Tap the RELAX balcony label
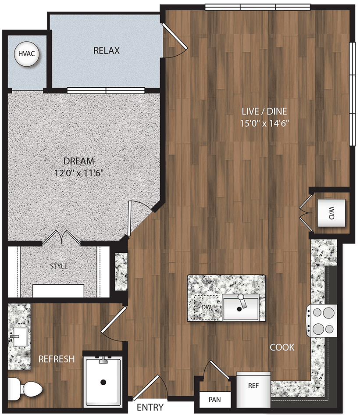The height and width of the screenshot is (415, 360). pyautogui.click(x=107, y=51)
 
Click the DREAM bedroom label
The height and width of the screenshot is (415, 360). pyautogui.click(x=79, y=161)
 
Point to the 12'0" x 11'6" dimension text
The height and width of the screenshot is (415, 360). pyautogui.click(x=79, y=173)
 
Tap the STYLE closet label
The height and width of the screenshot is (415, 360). pyautogui.click(x=59, y=266)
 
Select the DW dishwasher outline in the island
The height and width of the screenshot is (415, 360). pyautogui.click(x=206, y=307)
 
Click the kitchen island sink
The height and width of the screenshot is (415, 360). pyautogui.click(x=240, y=307)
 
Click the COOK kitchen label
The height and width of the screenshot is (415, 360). pyautogui.click(x=282, y=347)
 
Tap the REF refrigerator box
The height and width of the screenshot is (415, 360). pyautogui.click(x=253, y=386)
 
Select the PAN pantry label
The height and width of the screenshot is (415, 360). pyautogui.click(x=214, y=400)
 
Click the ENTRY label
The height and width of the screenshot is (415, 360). pyautogui.click(x=150, y=407)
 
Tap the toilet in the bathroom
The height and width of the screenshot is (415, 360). pyautogui.click(x=27, y=388)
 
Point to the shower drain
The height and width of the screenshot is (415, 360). pyautogui.click(x=103, y=382)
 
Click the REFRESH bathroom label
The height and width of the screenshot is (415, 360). pyautogui.click(x=57, y=359)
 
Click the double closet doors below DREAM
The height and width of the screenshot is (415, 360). pyautogui.click(x=61, y=237)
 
